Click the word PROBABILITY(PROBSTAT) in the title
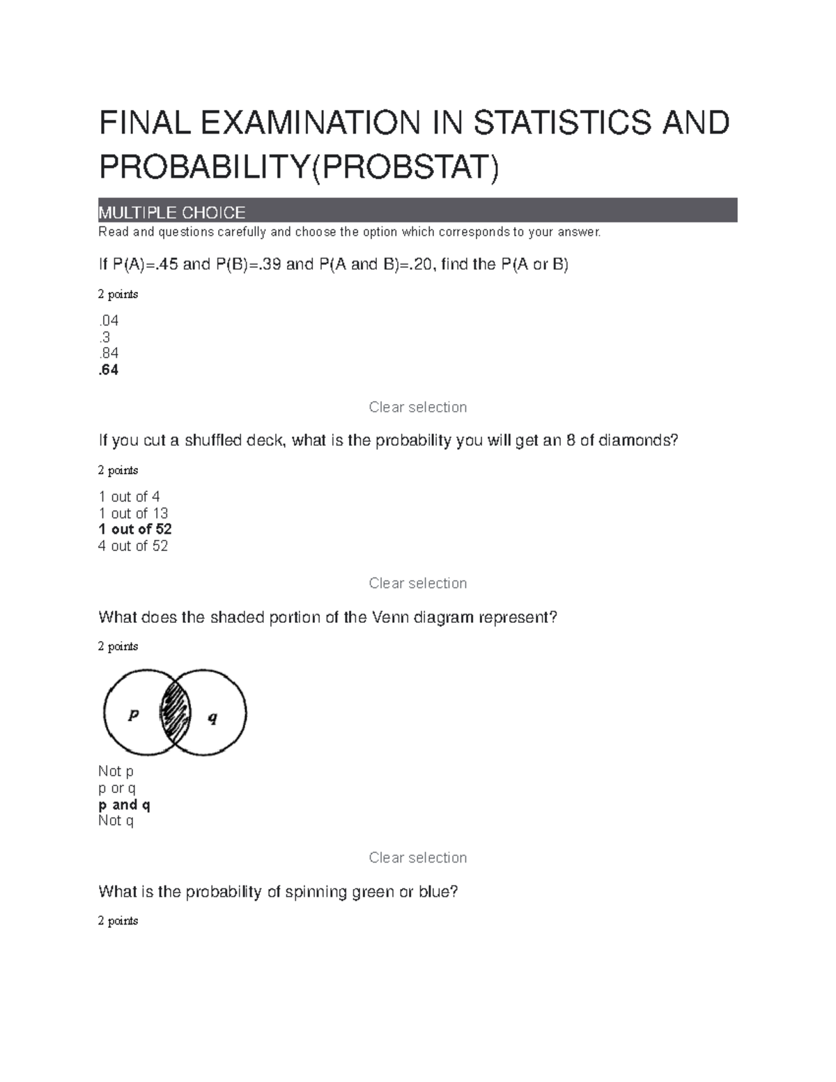(x=299, y=167)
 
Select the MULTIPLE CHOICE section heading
(x=172, y=212)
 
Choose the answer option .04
(x=109, y=320)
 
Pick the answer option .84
(x=109, y=353)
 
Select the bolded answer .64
(x=109, y=370)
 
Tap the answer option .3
(x=105, y=337)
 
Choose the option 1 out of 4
(x=130, y=497)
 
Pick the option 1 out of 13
(x=133, y=513)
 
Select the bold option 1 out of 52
(x=135, y=530)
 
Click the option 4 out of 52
(x=133, y=546)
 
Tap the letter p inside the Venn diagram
(x=134, y=714)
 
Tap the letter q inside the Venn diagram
(x=213, y=718)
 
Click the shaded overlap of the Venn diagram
(x=175, y=713)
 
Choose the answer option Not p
(x=116, y=771)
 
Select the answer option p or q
(x=117, y=788)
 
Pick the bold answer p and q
(x=125, y=805)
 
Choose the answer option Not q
(x=116, y=821)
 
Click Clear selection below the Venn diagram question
(x=417, y=858)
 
